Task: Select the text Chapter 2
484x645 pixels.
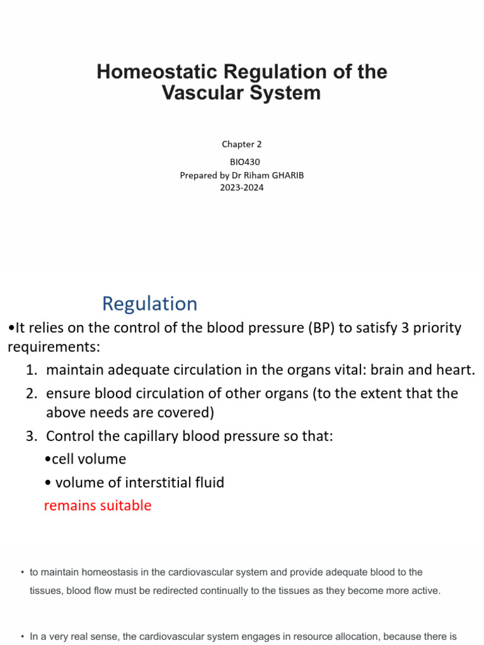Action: pyautogui.click(x=241, y=144)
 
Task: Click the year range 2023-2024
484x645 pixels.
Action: pyautogui.click(x=242, y=187)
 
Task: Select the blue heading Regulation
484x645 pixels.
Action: pyautogui.click(x=149, y=304)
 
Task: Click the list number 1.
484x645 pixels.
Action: pyautogui.click(x=32, y=370)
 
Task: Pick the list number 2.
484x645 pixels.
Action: pyautogui.click(x=32, y=394)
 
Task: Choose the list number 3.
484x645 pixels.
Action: pyautogui.click(x=32, y=437)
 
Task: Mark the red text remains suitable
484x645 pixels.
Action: pyautogui.click(x=98, y=506)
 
